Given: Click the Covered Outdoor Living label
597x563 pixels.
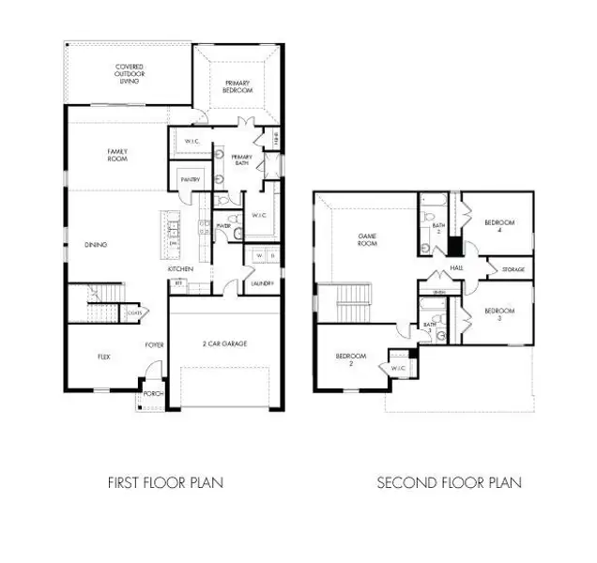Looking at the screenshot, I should point(130,74).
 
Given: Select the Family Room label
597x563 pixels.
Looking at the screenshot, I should point(117,155).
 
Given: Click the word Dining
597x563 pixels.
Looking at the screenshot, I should point(96,245).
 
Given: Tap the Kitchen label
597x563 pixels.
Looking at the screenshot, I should point(181,269).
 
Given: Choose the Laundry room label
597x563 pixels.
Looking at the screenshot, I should point(262,282).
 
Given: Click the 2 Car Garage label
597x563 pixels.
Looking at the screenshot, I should point(226,344).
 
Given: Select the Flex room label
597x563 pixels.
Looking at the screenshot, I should point(105,357).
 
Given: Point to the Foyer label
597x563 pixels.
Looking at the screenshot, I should point(155,345).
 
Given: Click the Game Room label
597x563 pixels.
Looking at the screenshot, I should point(366,239).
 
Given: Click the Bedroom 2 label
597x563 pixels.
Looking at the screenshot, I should point(350,359).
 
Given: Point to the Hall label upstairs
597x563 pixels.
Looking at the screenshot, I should point(457,268).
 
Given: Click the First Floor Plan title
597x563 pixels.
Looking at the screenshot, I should point(165,483).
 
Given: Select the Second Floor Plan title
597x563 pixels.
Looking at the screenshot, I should point(449,483).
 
